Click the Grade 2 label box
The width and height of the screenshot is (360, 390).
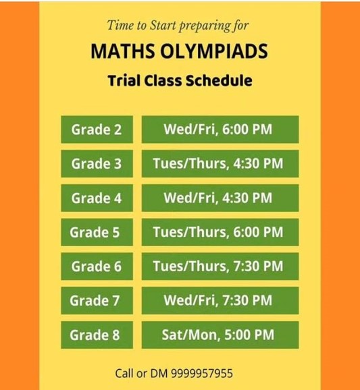pyautogui.click(x=97, y=130)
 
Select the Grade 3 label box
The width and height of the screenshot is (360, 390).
pyautogui.click(x=97, y=163)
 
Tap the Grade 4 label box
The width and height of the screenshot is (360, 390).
pyautogui.click(x=97, y=198)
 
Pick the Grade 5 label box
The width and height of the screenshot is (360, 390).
pyautogui.click(x=97, y=232)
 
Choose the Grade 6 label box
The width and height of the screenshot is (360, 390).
pyautogui.click(x=97, y=266)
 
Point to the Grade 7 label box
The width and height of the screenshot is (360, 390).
pyautogui.click(x=97, y=300)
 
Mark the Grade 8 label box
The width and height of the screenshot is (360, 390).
pyautogui.click(x=97, y=335)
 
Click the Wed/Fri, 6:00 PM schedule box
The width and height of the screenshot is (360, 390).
pyautogui.click(x=220, y=130)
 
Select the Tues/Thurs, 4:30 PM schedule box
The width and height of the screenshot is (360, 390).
pyautogui.click(x=220, y=163)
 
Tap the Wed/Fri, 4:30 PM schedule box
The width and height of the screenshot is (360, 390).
pyautogui.click(x=220, y=198)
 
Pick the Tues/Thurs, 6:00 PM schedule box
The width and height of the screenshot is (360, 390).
pyautogui.click(x=220, y=232)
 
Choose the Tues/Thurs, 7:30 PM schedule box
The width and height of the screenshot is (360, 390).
pyautogui.click(x=220, y=266)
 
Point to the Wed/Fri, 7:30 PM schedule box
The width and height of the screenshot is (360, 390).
pyautogui.click(x=220, y=300)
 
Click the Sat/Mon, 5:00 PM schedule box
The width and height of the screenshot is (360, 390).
pyautogui.click(x=220, y=335)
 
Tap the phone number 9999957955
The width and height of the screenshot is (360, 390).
pyautogui.click(x=202, y=373)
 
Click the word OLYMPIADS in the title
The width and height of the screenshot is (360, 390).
pyautogui.click(x=214, y=51)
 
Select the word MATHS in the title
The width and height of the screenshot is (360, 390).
pyautogui.click(x=122, y=51)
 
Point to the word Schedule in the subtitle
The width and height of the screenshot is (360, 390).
pyautogui.click(x=219, y=80)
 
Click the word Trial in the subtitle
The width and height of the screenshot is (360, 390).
pyautogui.click(x=124, y=80)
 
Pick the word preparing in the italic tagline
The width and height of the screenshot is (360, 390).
pyautogui.click(x=205, y=26)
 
